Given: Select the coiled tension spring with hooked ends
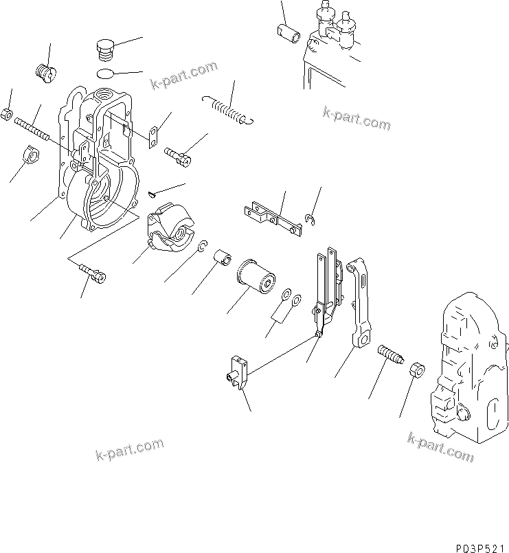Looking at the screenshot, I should [229, 111].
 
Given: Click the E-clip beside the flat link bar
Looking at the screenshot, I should [310, 219].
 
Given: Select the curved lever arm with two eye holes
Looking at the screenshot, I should [361, 302].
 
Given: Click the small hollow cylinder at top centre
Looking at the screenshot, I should [286, 32].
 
